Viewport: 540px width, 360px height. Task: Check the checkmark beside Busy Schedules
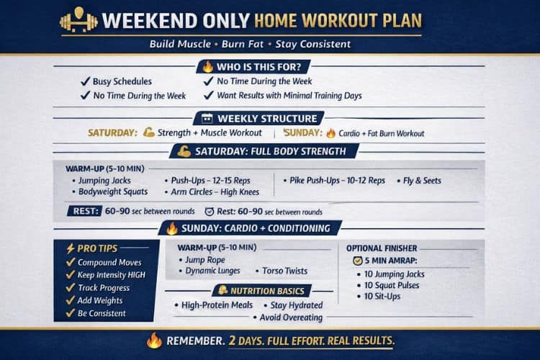[84, 81]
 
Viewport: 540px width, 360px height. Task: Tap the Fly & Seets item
[421, 180]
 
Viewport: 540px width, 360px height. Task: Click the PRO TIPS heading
[97, 248]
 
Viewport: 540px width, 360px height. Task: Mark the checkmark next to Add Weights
[70, 300]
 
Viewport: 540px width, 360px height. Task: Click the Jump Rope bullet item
[205, 259]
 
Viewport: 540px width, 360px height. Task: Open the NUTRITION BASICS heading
[269, 290]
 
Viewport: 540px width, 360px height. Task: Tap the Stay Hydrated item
[297, 305]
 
